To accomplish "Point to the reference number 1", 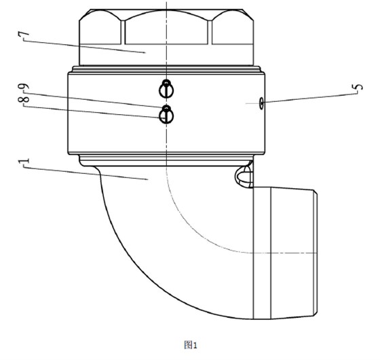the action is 24,161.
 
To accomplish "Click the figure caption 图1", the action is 191,345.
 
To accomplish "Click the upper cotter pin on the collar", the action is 166,88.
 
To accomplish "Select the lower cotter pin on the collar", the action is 166,115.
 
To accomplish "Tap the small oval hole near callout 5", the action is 261,103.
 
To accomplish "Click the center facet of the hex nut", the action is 166,27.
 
